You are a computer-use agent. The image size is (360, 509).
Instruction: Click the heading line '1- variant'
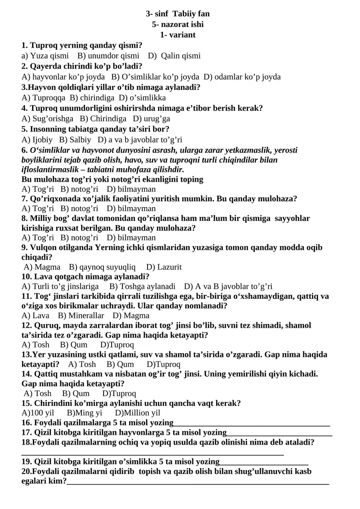point(178,35)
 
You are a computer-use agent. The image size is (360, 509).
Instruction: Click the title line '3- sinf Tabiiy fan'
point(178,14)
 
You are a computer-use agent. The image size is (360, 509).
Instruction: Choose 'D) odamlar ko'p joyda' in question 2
point(242,77)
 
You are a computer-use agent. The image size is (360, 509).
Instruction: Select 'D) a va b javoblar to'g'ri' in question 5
point(139,140)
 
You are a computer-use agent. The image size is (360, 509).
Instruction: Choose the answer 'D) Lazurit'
point(164,267)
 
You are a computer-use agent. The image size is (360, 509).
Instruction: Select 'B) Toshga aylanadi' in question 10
point(142,287)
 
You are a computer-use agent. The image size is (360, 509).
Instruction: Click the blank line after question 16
point(252,424)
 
